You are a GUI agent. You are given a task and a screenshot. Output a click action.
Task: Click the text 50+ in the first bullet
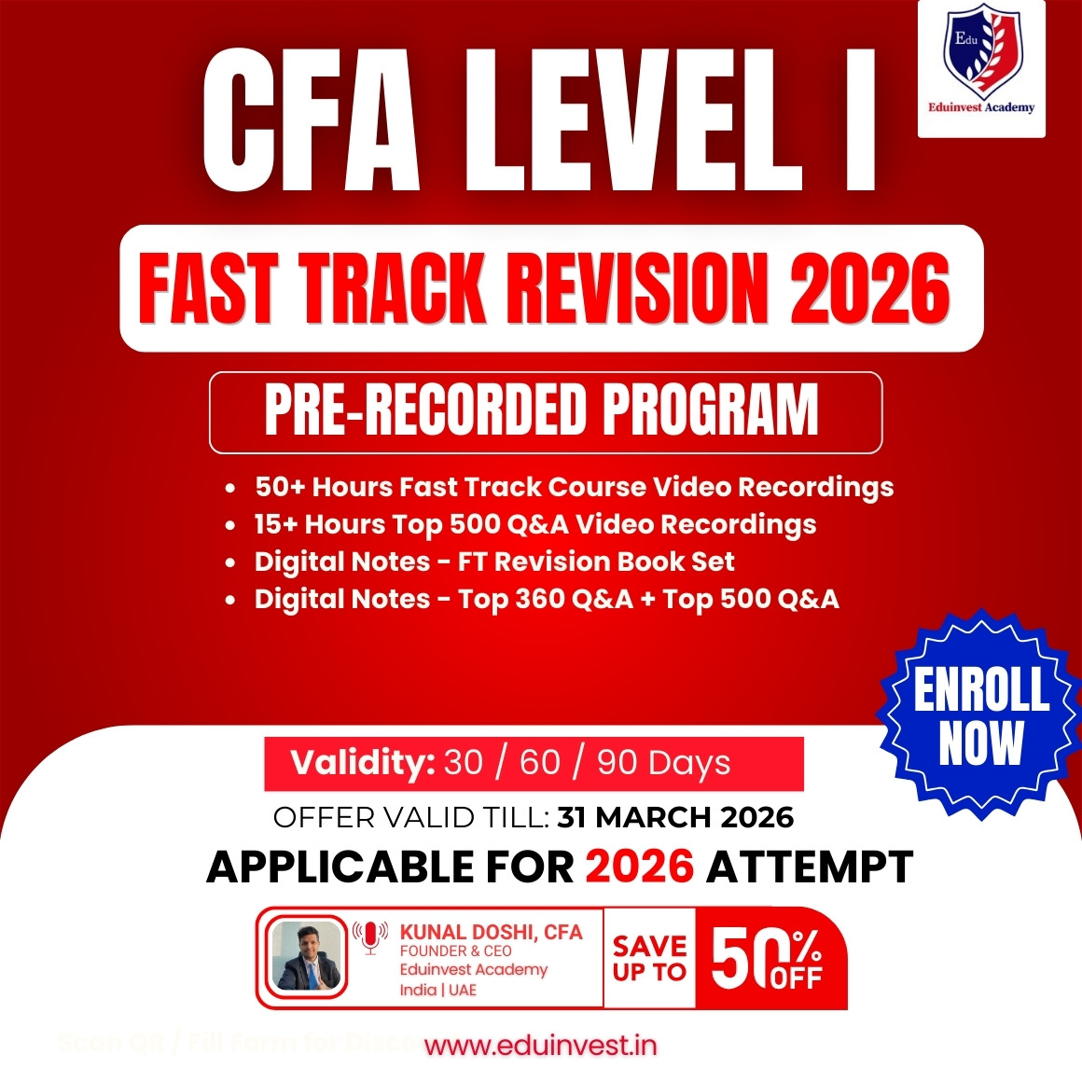pos(280,487)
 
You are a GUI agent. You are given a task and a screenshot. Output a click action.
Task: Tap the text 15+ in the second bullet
pos(275,524)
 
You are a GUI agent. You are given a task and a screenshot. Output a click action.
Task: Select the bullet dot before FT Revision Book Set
pos(230,563)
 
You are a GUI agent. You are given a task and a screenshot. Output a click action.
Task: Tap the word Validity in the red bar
pos(362,763)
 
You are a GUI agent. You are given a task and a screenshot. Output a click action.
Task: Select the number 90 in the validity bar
pos(617,763)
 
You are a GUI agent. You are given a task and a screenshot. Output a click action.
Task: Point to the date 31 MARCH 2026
pos(675,818)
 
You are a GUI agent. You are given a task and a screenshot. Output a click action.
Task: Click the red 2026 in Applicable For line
pos(640,867)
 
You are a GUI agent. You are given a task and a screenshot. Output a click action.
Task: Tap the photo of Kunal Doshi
pos(305,957)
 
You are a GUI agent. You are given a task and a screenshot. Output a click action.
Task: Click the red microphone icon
pos(370,936)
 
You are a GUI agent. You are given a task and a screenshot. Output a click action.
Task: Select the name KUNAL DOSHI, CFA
pos(491,932)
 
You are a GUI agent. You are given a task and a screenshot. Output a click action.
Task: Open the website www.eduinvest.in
pos(541,1046)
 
